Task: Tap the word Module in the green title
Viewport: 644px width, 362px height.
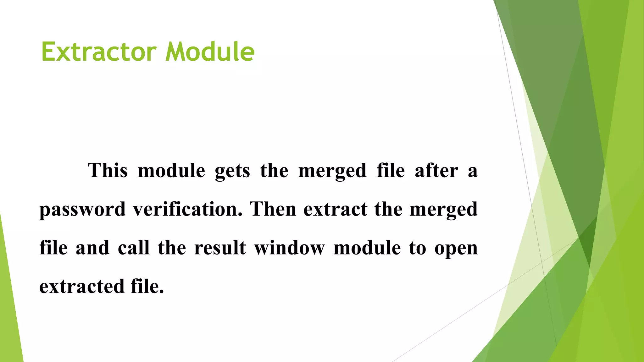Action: click(210, 52)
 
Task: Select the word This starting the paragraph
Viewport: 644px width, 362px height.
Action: click(108, 171)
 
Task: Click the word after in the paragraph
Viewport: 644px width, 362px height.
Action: click(436, 171)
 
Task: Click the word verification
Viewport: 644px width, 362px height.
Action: click(188, 209)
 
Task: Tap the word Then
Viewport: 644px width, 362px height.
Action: click(273, 209)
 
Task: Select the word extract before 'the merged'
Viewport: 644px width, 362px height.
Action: click(335, 209)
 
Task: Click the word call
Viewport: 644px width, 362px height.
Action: click(134, 248)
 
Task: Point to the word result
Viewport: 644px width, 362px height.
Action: click(220, 248)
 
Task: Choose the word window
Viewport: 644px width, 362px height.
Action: click(289, 248)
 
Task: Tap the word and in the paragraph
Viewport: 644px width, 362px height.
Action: click(92, 248)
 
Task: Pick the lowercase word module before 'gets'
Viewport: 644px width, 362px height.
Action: click(171, 171)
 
